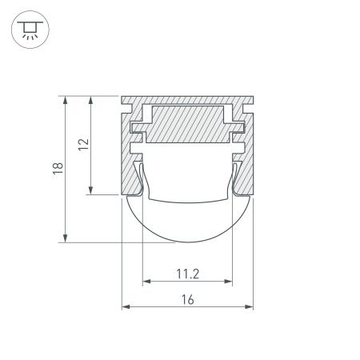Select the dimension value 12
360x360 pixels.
[x=84, y=145]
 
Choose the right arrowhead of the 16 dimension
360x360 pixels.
[x=249, y=306]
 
